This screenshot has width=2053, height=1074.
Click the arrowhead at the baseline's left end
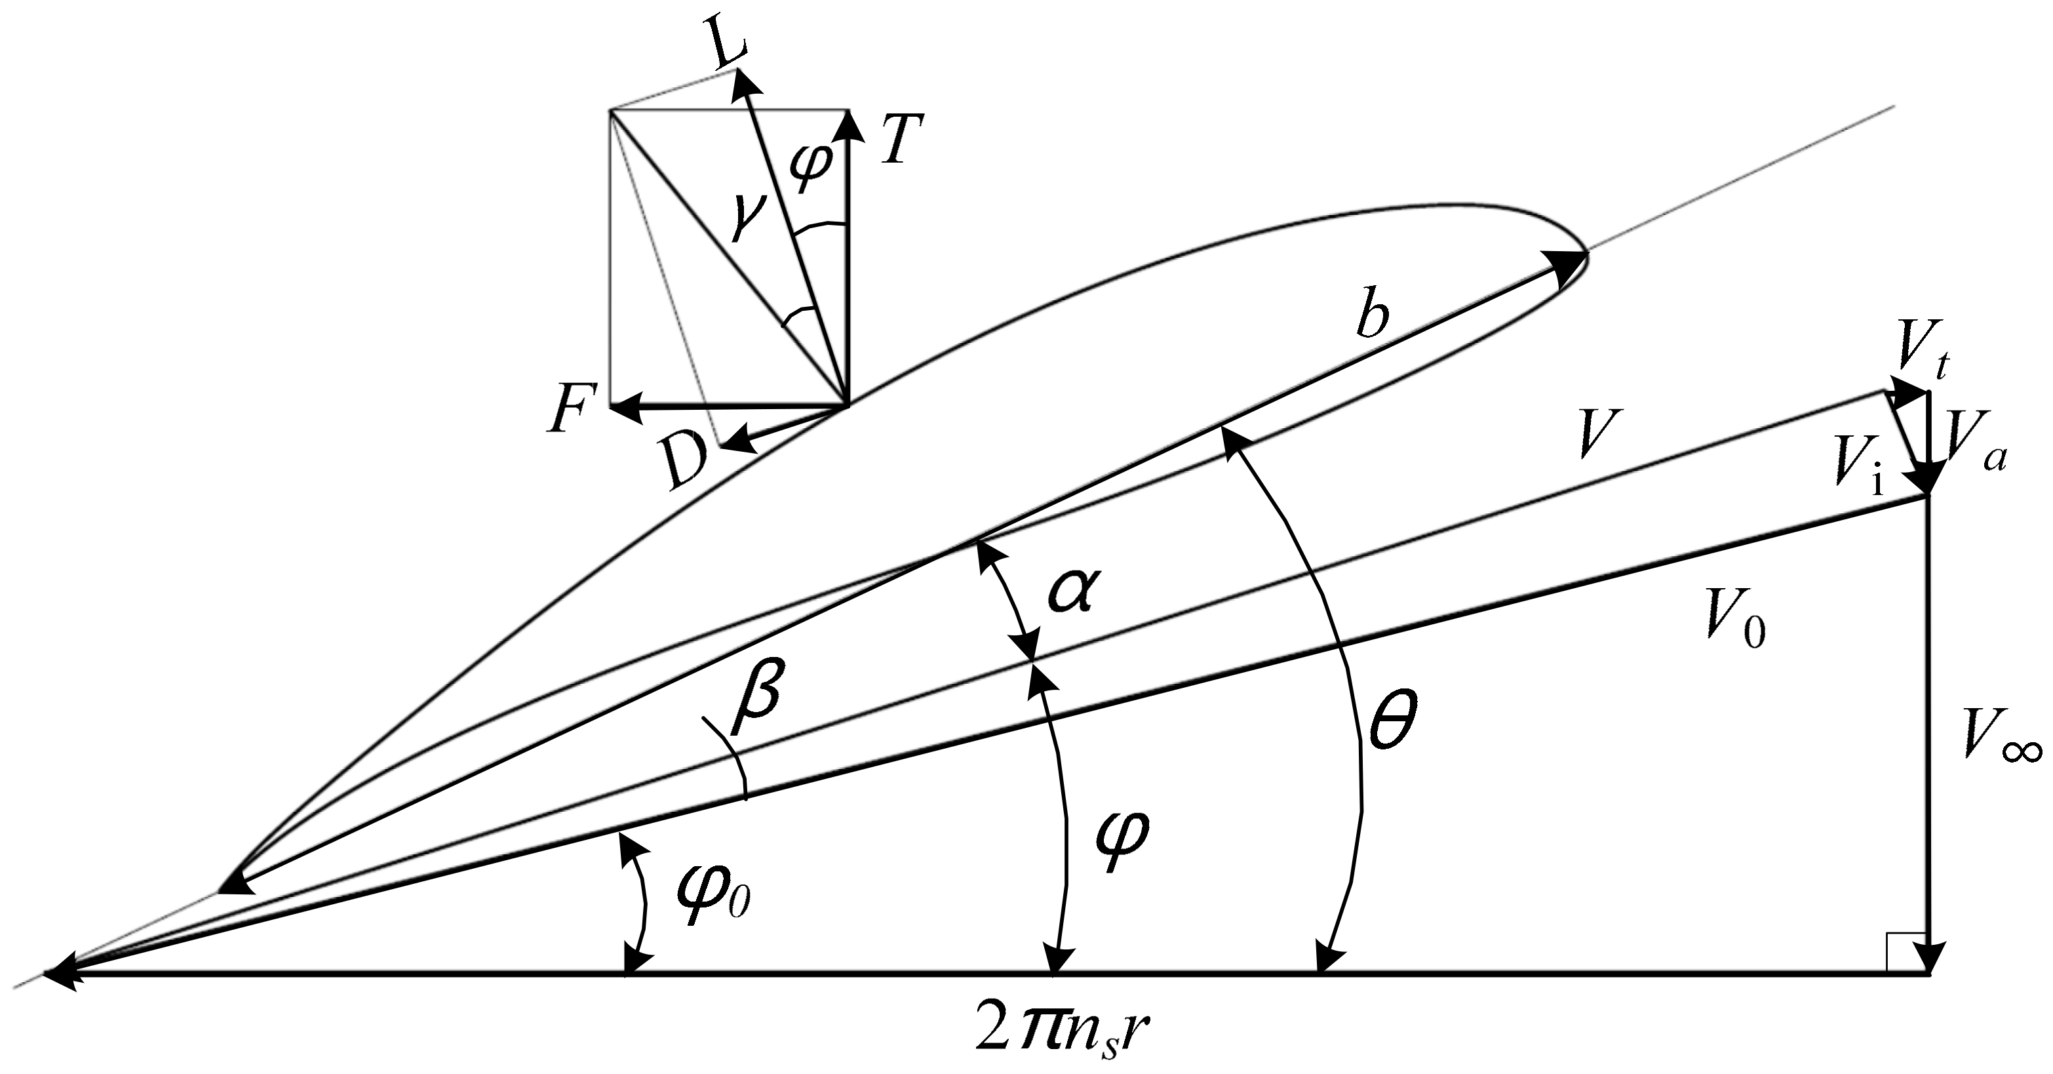(x=60, y=974)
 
